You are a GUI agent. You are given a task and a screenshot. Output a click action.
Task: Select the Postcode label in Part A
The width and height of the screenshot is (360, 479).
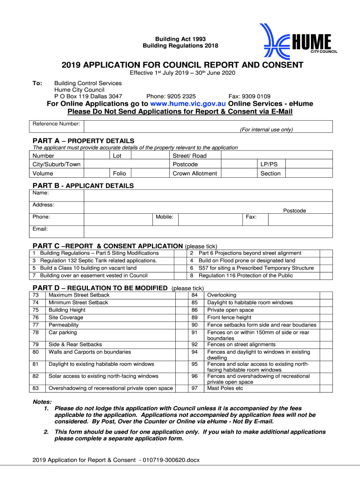(185, 164)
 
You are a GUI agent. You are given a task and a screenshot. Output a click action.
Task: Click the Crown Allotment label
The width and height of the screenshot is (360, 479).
(194, 173)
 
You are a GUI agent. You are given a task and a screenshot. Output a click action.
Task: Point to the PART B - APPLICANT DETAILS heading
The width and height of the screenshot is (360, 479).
(83, 186)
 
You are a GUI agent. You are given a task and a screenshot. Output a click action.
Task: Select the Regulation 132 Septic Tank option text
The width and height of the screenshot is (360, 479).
(98, 261)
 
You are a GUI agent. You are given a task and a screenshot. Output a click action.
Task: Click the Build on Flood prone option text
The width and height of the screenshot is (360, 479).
(246, 261)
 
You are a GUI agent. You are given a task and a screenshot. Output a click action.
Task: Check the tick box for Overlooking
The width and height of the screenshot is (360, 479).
(326, 295)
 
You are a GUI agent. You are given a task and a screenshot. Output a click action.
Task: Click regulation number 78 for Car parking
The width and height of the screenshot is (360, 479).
(36, 333)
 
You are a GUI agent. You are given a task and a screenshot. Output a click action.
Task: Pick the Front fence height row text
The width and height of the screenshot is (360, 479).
(229, 318)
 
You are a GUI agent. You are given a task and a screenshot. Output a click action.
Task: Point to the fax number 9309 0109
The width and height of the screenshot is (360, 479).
(256, 96)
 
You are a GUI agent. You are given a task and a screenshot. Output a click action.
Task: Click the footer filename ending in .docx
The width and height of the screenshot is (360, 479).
(116, 460)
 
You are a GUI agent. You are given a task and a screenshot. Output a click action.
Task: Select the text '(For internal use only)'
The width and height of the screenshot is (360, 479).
(266, 130)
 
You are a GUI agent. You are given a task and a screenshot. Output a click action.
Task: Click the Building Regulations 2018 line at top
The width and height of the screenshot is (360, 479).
(180, 45)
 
